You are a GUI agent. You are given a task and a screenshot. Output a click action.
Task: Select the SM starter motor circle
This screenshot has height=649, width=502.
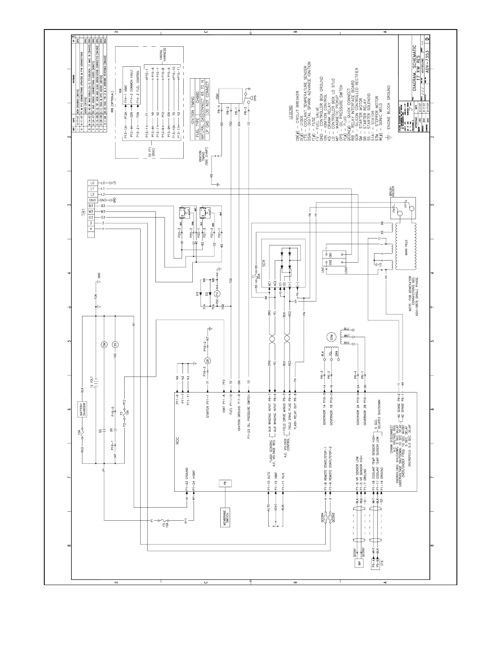pos(104,345)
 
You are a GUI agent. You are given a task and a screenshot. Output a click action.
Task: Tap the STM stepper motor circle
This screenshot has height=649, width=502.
pos(330,337)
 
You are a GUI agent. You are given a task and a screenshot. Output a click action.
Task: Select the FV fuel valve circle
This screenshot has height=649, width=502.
pos(218,293)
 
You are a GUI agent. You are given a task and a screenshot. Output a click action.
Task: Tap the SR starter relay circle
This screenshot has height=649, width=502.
pos(208,361)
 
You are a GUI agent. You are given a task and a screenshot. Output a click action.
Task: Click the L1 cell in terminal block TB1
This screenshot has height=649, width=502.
pos(92,188)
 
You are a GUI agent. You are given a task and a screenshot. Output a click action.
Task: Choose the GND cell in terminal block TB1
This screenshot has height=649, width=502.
pos(92,200)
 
